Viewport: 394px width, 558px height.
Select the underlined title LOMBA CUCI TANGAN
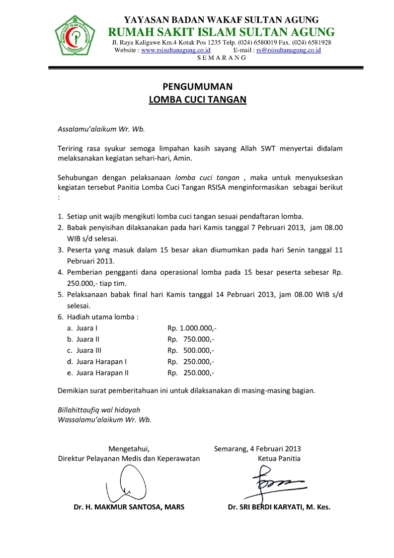tap(198, 99)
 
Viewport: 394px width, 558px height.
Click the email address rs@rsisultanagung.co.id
tap(288, 50)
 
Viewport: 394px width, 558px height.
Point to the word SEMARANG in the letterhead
tap(222, 58)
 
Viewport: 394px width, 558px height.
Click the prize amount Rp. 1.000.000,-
tap(192, 328)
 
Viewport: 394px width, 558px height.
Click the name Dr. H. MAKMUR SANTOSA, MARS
tap(129, 507)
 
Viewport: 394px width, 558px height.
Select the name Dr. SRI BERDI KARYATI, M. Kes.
tap(279, 507)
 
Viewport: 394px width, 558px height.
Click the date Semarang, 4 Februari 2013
tap(257, 448)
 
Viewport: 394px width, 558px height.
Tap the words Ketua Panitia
tap(279, 458)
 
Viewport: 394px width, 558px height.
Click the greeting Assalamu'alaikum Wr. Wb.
tap(101, 129)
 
